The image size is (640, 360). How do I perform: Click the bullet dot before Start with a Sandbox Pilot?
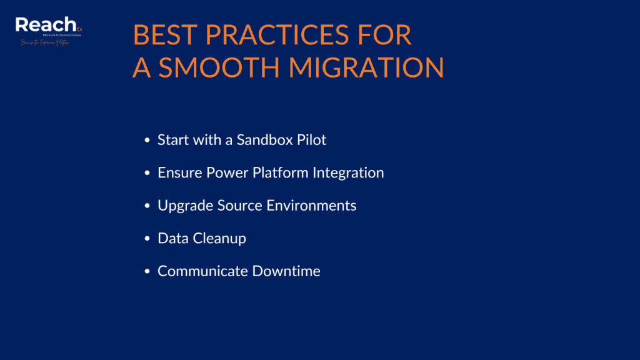147,141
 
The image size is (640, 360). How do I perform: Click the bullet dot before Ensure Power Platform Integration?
147,173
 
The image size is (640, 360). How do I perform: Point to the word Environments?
317,206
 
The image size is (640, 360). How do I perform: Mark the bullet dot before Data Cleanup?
147,239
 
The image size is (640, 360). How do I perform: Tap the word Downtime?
286,271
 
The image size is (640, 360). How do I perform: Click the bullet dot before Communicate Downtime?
147,272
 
